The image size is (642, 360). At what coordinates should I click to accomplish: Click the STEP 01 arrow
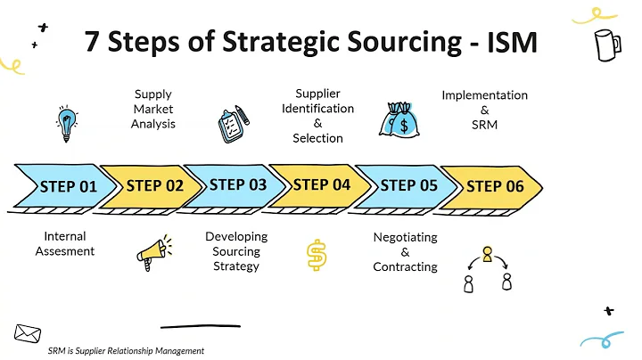pyautogui.click(x=67, y=186)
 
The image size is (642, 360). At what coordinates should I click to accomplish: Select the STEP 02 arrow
pyautogui.click(x=153, y=186)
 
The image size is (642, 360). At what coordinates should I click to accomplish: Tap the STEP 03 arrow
pyautogui.click(x=238, y=185)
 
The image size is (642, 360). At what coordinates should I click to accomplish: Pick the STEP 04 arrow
pyautogui.click(x=322, y=185)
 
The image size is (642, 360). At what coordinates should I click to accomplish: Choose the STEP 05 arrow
pyautogui.click(x=408, y=186)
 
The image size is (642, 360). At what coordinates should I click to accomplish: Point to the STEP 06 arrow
pyautogui.click(x=495, y=186)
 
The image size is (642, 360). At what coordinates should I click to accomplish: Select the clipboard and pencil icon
pyautogui.click(x=234, y=124)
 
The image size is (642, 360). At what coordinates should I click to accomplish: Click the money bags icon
pyautogui.click(x=400, y=120)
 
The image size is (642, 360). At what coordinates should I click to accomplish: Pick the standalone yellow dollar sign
pyautogui.click(x=316, y=256)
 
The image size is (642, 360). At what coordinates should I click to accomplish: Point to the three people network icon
pyautogui.click(x=487, y=269)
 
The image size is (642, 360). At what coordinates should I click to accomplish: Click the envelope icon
pyautogui.click(x=27, y=334)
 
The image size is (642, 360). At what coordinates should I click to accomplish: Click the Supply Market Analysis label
pyautogui.click(x=152, y=109)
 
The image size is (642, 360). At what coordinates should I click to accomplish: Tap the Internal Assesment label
pyautogui.click(x=64, y=243)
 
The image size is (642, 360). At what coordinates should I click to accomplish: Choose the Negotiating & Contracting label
pyautogui.click(x=405, y=251)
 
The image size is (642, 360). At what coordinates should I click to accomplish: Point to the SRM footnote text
pyautogui.click(x=126, y=351)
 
